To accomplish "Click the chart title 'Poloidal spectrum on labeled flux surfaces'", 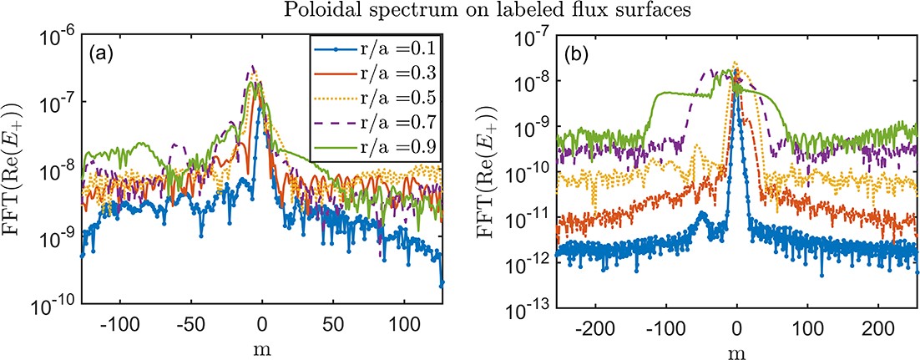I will [x=459, y=10].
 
